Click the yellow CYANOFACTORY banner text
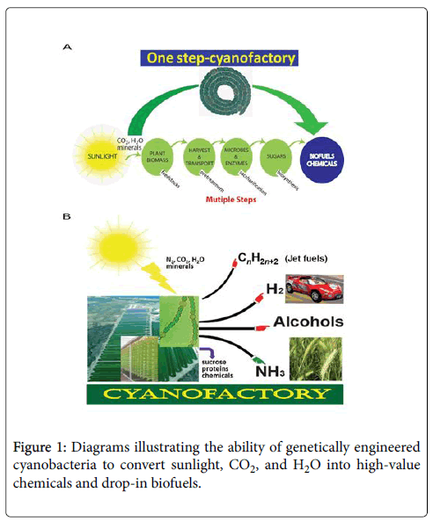(x=216, y=392)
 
